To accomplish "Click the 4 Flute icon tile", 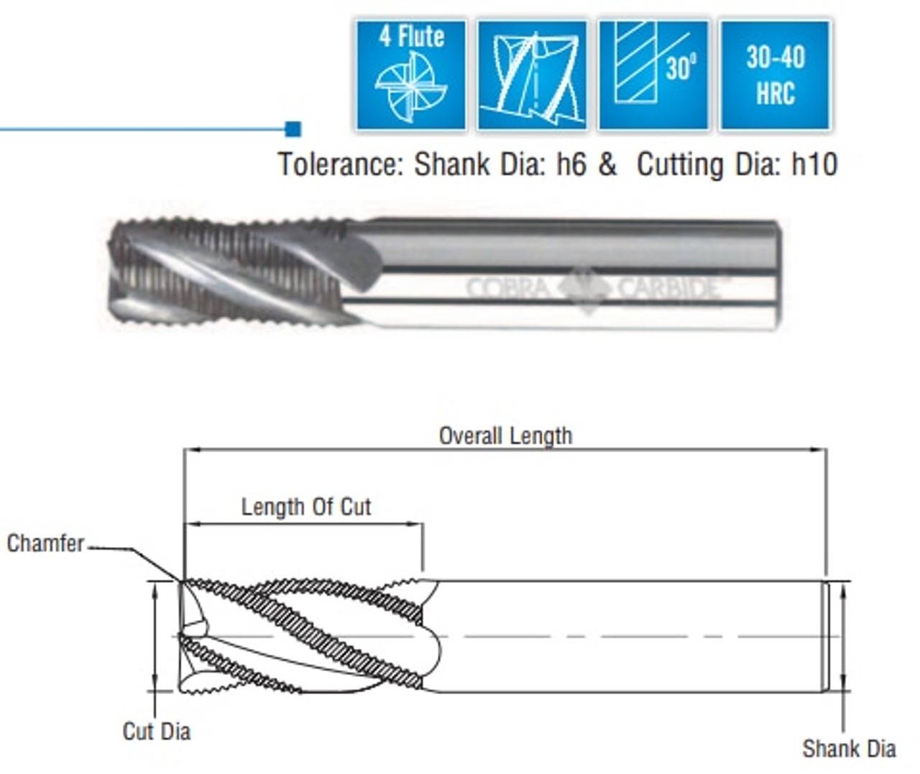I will tap(410, 75).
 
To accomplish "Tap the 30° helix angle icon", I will tap(653, 75).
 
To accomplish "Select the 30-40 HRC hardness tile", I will tap(775, 75).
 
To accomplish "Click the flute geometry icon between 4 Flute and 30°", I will tap(532, 75).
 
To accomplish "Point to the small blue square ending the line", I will tap(293, 129).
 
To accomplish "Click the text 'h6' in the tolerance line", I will tap(571, 165).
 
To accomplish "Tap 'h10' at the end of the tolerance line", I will tap(814, 165).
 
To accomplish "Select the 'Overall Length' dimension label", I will tap(505, 436).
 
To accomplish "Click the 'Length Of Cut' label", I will tap(306, 507).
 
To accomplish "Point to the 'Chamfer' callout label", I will tap(45, 543).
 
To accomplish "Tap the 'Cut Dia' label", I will tap(156, 732).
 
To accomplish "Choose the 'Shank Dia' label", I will tap(849, 749).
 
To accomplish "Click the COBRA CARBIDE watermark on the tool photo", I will tap(593, 288).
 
